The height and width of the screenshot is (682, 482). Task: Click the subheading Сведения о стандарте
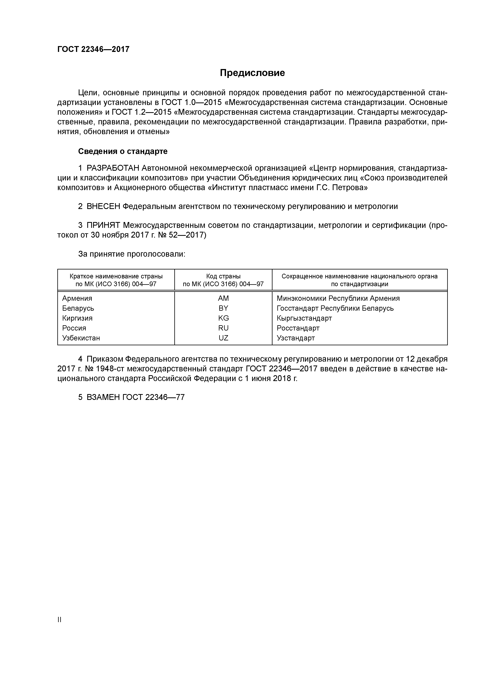coord(123,151)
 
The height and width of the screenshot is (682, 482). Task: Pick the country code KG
coord(223,318)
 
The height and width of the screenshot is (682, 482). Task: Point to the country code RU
coord(223,328)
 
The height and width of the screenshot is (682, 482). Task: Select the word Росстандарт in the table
coord(298,328)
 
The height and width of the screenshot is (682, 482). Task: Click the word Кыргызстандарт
coord(304,318)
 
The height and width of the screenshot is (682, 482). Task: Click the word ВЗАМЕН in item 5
coord(103,397)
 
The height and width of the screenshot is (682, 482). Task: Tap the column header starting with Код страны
coord(223,280)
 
